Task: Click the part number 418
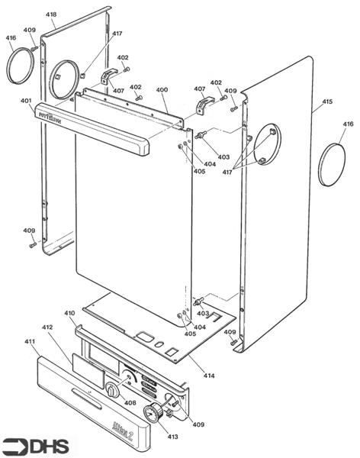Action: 51,15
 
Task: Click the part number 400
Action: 162,90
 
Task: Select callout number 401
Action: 26,101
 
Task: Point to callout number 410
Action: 69,313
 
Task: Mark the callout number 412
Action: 47,327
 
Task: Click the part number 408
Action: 130,402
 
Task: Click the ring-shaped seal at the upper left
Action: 18,64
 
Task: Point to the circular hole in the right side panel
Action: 266,144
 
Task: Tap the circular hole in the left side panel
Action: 66,76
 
